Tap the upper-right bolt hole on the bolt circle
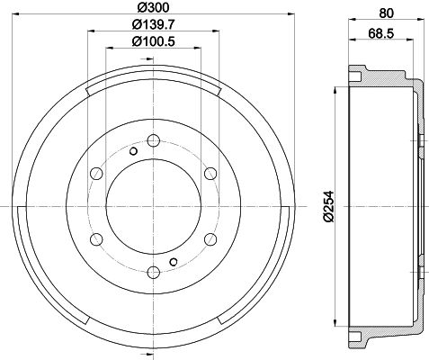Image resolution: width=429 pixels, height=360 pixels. click(x=210, y=173)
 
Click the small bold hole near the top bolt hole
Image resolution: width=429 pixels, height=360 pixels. click(x=132, y=150)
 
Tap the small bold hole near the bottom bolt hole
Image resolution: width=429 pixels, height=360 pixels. click(x=172, y=263)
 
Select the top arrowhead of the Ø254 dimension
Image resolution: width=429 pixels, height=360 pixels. click(x=337, y=92)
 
